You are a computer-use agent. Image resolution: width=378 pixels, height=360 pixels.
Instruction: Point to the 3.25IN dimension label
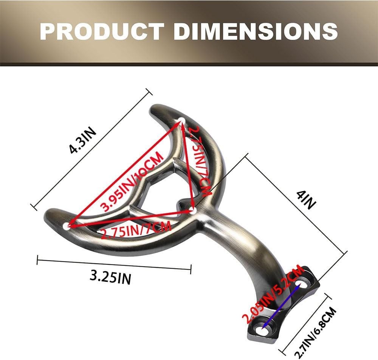click(x=111, y=277)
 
